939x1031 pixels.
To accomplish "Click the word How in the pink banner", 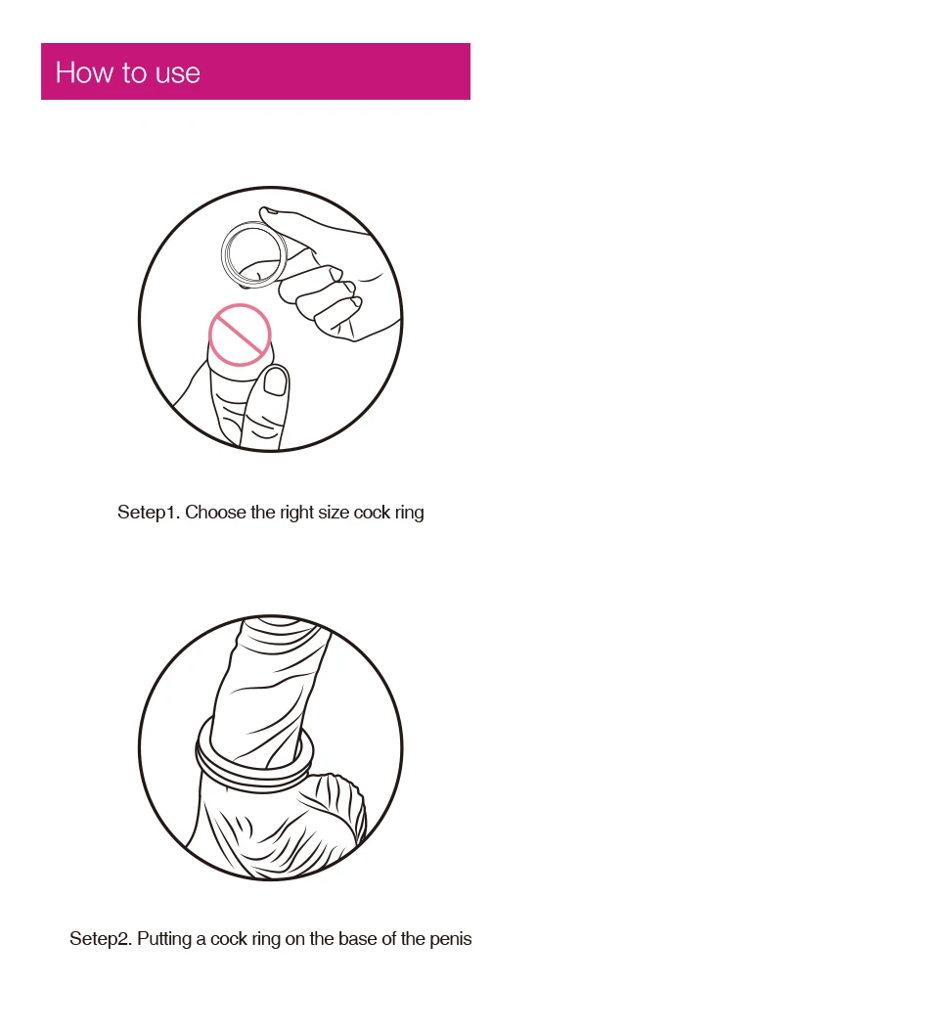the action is (83, 72).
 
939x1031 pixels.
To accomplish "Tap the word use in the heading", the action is (178, 73).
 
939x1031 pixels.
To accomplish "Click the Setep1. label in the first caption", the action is (149, 513).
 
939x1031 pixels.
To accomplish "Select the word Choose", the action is (215, 513).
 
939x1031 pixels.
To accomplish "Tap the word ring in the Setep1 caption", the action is (409, 514).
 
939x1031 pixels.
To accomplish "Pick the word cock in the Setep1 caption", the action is (372, 513).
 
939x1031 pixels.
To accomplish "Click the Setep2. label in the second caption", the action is (101, 938).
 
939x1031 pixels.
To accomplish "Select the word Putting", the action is (163, 939).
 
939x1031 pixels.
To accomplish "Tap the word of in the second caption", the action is (389, 938).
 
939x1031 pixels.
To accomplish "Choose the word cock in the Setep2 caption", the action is (229, 938).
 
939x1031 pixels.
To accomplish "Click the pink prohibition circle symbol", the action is (240, 335).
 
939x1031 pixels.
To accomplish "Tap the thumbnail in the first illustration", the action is (276, 381).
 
